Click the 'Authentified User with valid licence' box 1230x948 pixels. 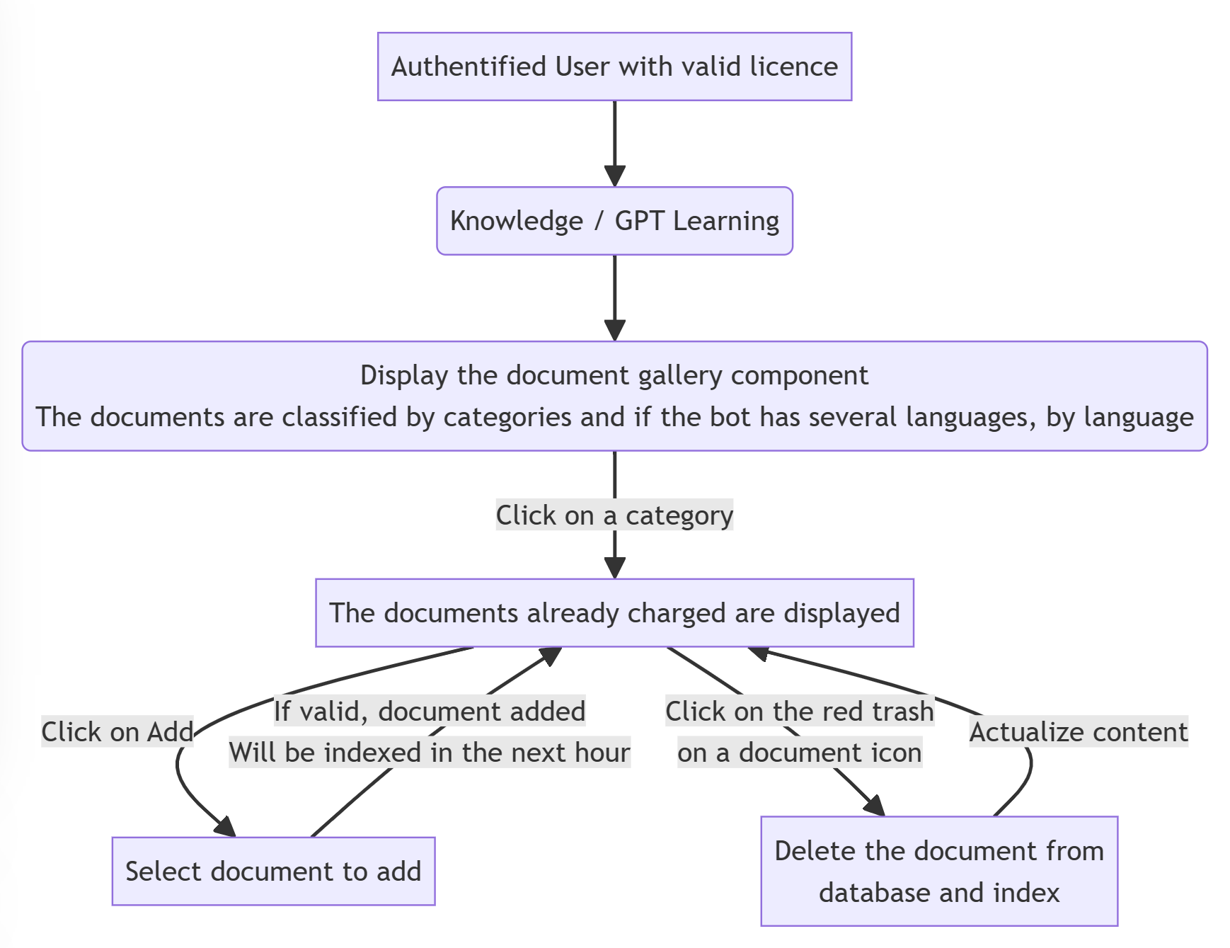(x=614, y=67)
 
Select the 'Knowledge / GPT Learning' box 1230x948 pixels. (x=614, y=221)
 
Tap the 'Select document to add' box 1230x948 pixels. (x=273, y=871)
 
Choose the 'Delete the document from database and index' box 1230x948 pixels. (x=939, y=871)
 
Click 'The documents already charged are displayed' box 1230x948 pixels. (x=614, y=612)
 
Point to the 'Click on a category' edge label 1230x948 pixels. (x=614, y=515)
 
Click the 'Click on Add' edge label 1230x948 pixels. (x=117, y=732)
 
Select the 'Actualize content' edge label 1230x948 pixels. (x=1079, y=732)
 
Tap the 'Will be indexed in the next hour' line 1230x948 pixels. (x=430, y=753)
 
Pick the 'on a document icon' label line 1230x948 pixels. (x=800, y=753)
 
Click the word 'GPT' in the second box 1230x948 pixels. (x=640, y=221)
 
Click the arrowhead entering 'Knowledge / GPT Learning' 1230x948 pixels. (x=614, y=176)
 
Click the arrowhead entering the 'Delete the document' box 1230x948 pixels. (x=875, y=806)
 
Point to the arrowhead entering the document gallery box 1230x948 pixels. (x=614, y=331)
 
